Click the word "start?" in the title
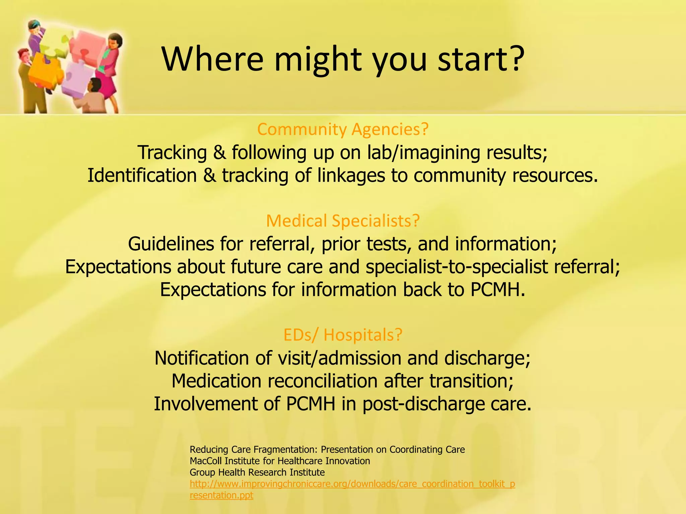pyautogui.click(x=481, y=60)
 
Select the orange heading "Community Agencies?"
pyautogui.click(x=343, y=130)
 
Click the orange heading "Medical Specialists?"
pyautogui.click(x=343, y=221)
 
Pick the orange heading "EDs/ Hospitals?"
pyautogui.click(x=343, y=335)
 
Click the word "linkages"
pyautogui.click(x=351, y=176)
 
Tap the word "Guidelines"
pyautogui.click(x=171, y=244)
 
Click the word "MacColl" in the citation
pyautogui.click(x=206, y=461)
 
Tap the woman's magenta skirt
pyautogui.click(x=107, y=84)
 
